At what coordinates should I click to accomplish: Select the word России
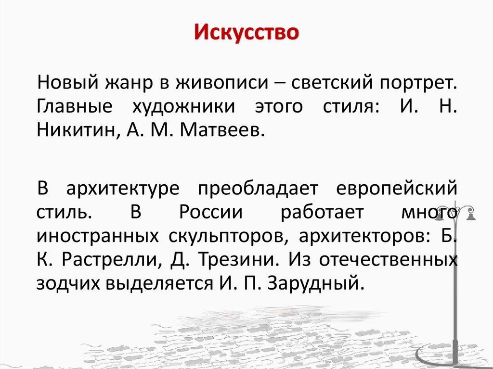209,212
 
